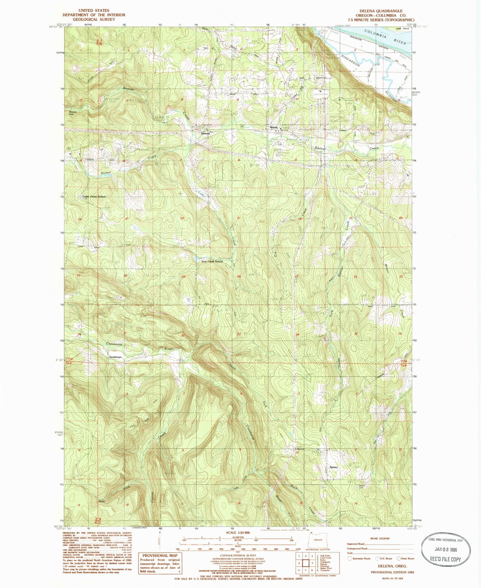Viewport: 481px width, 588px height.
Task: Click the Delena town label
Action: click(205, 133)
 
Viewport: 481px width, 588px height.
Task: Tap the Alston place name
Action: click(273, 127)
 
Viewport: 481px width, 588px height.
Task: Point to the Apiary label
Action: click(333, 467)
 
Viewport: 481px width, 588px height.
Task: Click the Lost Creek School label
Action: click(212, 261)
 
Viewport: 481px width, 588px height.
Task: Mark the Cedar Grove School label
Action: click(94, 197)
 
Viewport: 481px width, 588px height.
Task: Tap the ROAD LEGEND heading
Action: click(380, 538)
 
